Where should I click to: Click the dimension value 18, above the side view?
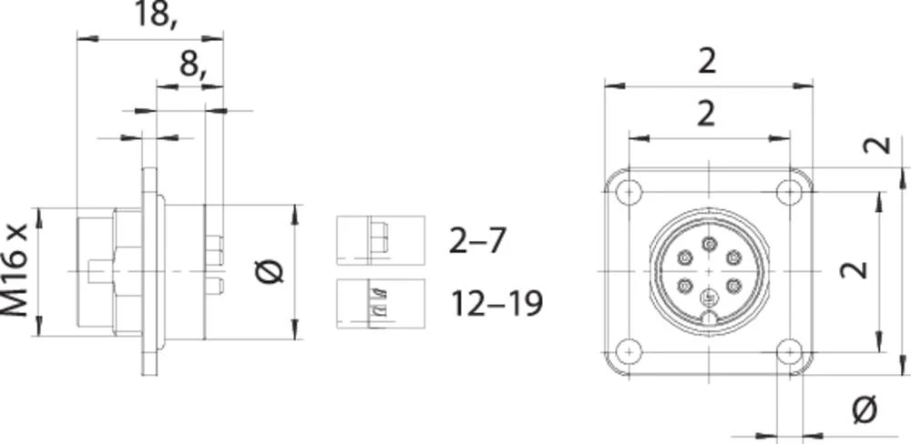155,15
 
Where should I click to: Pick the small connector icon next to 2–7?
380,240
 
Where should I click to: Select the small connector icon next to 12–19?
380,300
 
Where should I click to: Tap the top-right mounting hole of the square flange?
789,192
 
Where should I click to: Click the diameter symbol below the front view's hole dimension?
864,410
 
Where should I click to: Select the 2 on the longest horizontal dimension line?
707,61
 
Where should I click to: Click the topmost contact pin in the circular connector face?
709,242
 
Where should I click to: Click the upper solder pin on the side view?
215,246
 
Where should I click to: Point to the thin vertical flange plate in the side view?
148,271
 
